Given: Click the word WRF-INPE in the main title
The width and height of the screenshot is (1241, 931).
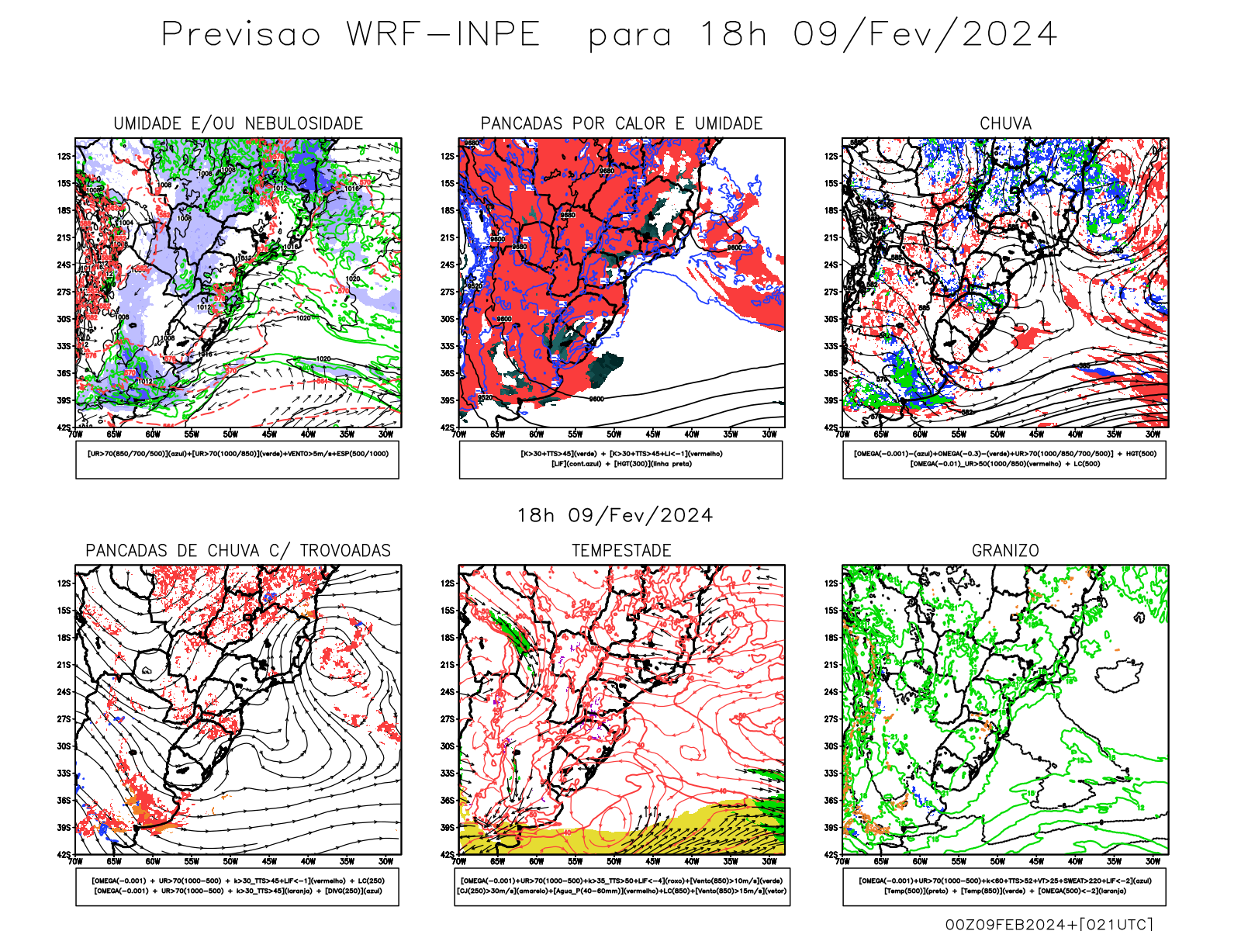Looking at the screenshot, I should point(443,35).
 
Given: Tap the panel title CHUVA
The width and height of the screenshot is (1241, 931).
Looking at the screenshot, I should point(1005,123).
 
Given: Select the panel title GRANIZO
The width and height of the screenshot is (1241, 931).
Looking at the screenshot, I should point(1005,551).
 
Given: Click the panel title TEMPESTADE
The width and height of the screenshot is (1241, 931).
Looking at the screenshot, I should point(621,551).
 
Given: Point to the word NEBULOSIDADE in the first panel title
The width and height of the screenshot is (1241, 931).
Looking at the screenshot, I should point(304,123).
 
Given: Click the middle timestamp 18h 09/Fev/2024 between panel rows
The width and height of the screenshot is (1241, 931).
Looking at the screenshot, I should point(615,515).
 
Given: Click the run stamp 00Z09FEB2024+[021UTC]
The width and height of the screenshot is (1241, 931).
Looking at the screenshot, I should point(1049,924).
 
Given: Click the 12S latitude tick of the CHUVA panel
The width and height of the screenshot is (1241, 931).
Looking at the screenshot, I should point(832,156).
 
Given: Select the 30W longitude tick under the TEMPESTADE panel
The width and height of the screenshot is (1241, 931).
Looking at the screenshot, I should point(769,861).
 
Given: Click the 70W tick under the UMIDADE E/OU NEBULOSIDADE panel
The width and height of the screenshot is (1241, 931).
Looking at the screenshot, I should point(75,434).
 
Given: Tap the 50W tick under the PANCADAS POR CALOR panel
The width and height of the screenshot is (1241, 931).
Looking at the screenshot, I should point(614,434).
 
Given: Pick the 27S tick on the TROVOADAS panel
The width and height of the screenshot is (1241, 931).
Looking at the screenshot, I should point(64,719).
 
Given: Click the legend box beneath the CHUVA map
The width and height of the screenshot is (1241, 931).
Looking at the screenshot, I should point(1004,459).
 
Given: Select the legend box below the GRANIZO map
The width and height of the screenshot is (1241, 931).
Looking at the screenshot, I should point(1004,886).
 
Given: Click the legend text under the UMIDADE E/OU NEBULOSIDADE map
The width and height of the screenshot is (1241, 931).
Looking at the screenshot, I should point(237,454).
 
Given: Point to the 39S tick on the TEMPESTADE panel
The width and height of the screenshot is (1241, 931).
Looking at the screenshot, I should point(448,828).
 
